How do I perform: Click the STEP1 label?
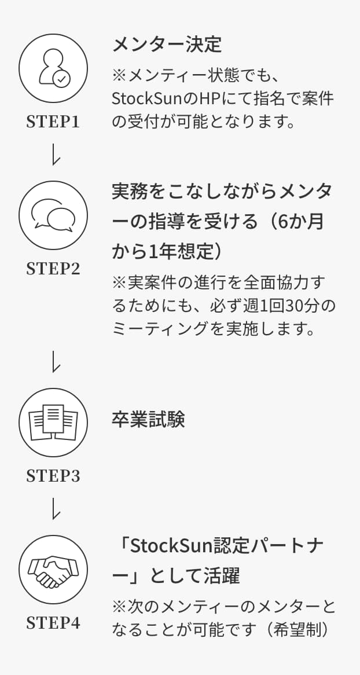point(53,122)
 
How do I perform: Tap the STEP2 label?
point(53,269)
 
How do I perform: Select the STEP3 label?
point(53,476)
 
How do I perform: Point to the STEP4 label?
point(53,623)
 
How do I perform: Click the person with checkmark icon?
point(53,68)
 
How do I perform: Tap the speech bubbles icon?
point(53,216)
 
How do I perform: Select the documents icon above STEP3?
point(53,422)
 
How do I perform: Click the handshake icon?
point(53,570)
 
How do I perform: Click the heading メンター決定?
point(167,45)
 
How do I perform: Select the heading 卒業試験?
point(148,420)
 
